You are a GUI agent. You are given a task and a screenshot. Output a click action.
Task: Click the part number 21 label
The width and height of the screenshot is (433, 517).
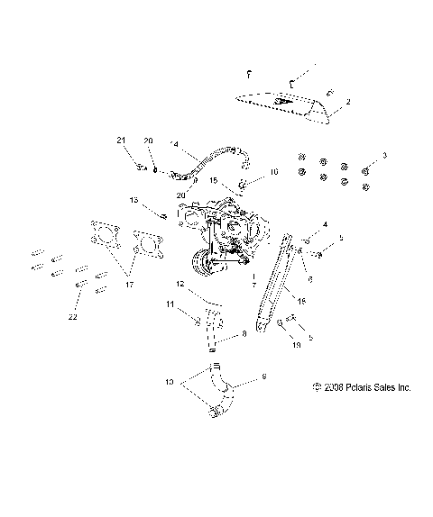119,140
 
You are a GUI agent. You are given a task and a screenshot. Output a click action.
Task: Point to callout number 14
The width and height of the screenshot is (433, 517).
175,143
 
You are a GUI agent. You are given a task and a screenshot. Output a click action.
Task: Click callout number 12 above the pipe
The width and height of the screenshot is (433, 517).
180,285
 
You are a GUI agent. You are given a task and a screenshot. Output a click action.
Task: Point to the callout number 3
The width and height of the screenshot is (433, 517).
386,157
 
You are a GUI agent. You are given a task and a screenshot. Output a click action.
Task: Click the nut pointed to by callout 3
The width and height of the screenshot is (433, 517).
367,170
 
